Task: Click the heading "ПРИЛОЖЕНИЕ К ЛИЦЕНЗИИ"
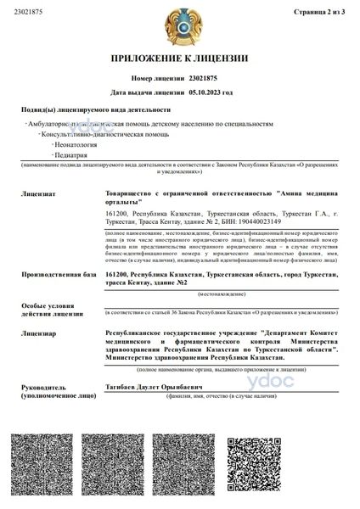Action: [x=180, y=59]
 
